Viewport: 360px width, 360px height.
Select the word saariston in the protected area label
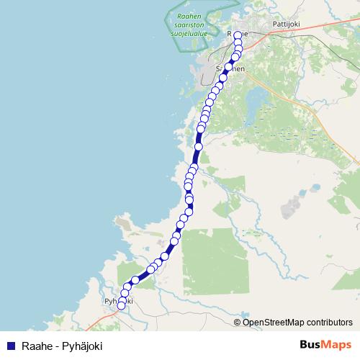[x=189, y=24]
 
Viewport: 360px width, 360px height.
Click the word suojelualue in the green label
[x=189, y=32]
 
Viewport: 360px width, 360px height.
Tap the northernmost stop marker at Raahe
[x=238, y=35]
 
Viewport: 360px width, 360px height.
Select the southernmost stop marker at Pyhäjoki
[x=121, y=305]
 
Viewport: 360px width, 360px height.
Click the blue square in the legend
[x=10, y=346]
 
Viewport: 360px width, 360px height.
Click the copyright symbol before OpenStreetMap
[x=238, y=322]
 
